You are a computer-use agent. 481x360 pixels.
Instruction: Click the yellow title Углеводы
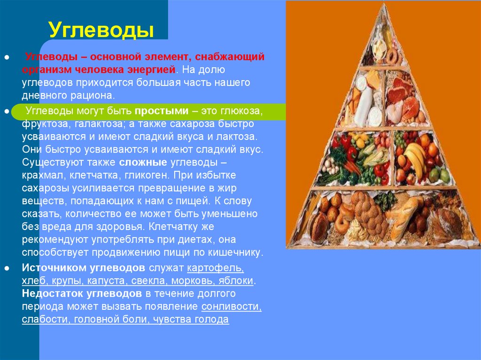(101, 30)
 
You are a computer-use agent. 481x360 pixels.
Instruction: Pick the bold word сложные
(143, 163)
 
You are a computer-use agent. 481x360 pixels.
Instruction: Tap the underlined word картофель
(215, 268)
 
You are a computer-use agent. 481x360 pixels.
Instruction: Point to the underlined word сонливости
(231, 306)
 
